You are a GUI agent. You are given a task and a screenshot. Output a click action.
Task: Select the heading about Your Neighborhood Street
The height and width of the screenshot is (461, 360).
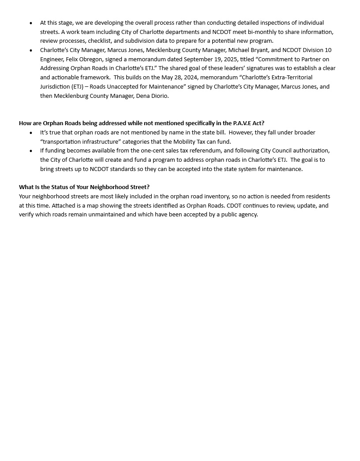coord(84,187)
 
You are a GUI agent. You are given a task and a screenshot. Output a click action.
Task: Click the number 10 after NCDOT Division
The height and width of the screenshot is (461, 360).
coord(328,50)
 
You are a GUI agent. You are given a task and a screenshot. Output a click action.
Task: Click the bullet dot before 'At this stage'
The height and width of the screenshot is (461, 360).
coord(31,23)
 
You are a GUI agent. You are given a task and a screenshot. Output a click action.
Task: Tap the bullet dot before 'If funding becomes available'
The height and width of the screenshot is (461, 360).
coord(31,151)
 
